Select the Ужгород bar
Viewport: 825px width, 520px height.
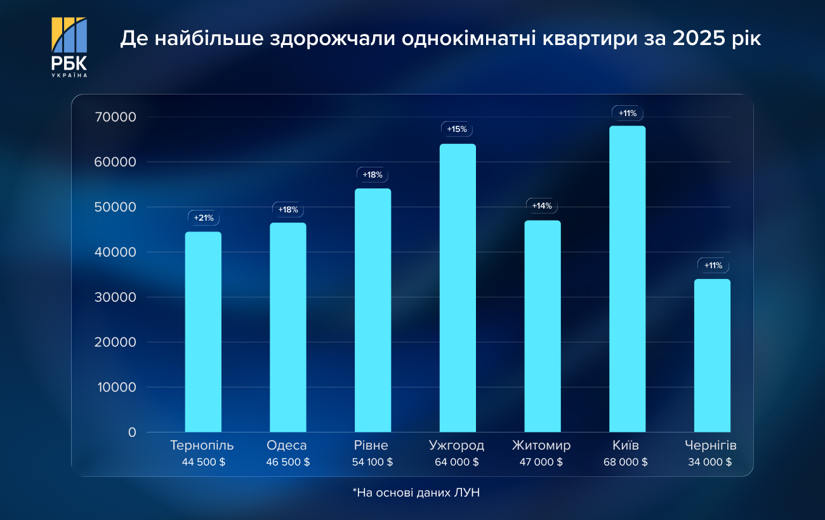click(458, 288)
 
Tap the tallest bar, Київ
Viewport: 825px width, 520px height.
click(627, 279)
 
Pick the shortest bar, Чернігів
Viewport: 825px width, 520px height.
click(712, 355)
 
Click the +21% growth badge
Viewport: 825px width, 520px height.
click(203, 218)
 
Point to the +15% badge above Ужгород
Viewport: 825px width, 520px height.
click(457, 129)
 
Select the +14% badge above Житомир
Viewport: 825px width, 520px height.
click(542, 206)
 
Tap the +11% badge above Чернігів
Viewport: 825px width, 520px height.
click(713, 265)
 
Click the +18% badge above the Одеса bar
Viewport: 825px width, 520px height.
click(287, 210)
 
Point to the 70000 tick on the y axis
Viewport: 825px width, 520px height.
click(115, 117)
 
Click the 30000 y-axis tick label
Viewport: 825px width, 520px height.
click(115, 297)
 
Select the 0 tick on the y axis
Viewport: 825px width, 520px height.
click(132, 432)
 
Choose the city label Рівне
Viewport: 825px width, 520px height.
click(372, 445)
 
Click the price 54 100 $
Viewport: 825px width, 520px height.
click(373, 462)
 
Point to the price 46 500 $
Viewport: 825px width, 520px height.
click(288, 462)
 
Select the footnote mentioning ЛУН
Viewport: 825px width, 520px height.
click(412, 492)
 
